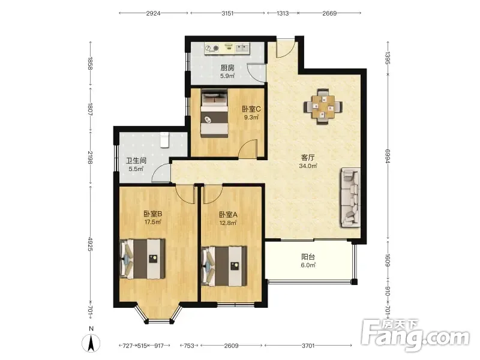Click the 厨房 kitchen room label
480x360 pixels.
[227, 68]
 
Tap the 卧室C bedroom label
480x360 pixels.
[251, 109]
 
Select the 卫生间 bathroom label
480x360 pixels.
[136, 160]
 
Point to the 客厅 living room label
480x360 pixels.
[308, 158]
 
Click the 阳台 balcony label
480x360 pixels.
[308, 257]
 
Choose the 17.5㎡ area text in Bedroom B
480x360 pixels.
[153, 222]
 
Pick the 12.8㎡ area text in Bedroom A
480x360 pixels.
[228, 223]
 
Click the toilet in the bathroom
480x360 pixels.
[164, 140]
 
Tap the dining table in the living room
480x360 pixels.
[323, 107]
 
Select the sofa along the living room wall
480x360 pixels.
[350, 197]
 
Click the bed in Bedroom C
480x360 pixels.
[214, 113]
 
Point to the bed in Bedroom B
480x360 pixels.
[143, 259]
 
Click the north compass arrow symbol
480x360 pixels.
[91, 343]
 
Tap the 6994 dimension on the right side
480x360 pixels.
[387, 156]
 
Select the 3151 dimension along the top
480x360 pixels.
[227, 13]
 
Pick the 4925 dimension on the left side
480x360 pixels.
[90, 244]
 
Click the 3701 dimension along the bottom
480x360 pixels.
[308, 346]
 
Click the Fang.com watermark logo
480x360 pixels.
[415, 335]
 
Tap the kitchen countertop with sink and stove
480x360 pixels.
[227, 49]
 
